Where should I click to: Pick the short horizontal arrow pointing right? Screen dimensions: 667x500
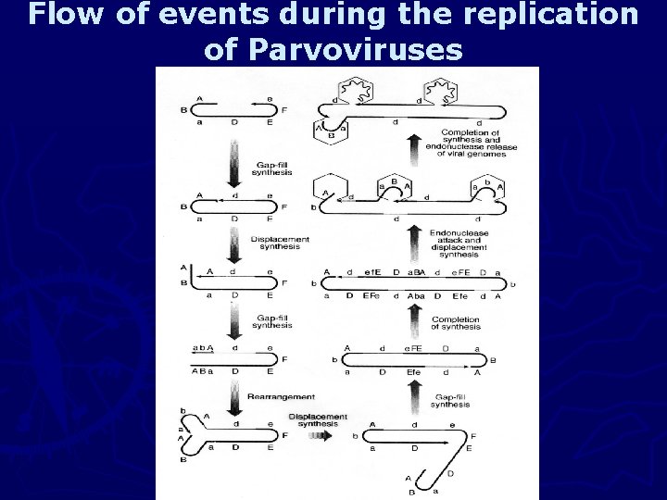click(x=317, y=432)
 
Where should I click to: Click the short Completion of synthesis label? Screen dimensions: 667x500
click(x=456, y=323)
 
